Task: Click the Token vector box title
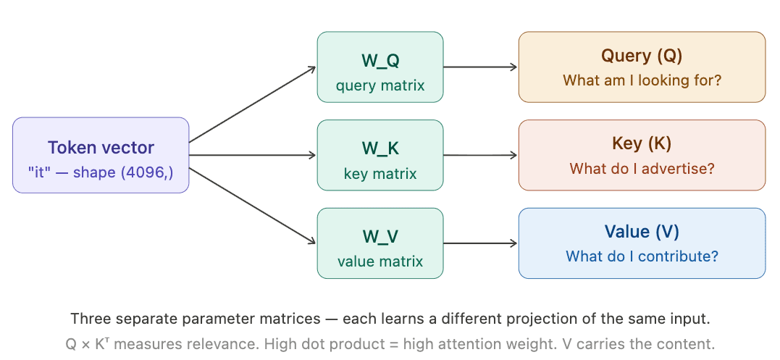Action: click(x=101, y=148)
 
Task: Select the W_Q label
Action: click(x=380, y=60)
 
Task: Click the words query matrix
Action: click(x=380, y=85)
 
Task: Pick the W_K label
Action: click(x=380, y=148)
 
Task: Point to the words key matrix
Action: click(x=380, y=174)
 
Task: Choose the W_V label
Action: click(x=380, y=236)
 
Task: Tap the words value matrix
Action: click(x=380, y=261)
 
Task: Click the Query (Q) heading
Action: click(x=642, y=56)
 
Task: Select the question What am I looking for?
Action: click(x=642, y=80)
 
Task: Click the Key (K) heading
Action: click(x=642, y=143)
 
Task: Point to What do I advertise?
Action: click(x=642, y=169)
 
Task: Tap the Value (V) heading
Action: click(x=642, y=232)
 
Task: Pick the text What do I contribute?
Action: click(x=642, y=256)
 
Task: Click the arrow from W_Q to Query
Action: click(x=480, y=67)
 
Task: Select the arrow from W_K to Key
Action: click(x=480, y=155)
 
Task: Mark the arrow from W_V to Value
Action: click(x=480, y=243)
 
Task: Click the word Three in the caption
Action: click(x=88, y=319)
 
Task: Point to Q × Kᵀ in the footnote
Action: click(x=85, y=344)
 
